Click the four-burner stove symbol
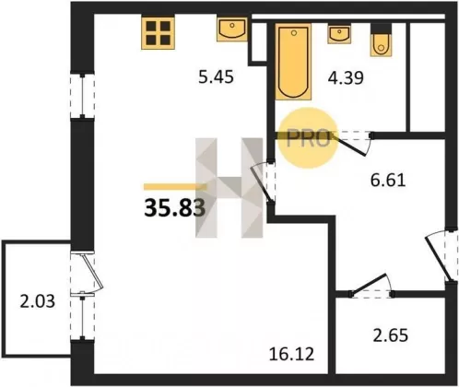click(x=159, y=33)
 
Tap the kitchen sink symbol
click(x=232, y=29)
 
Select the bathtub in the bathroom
click(x=293, y=62)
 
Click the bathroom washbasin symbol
click(x=339, y=34)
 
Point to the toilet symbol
click(x=381, y=41)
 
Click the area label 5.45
click(x=216, y=76)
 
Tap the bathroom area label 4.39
click(x=346, y=77)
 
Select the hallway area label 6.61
click(x=388, y=181)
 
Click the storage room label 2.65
click(x=391, y=335)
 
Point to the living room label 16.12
click(x=291, y=354)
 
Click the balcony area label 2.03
click(x=38, y=301)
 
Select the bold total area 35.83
click(x=174, y=207)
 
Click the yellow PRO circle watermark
click(x=308, y=138)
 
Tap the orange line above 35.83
click(x=175, y=186)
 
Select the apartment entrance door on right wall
click(x=439, y=259)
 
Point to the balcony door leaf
click(x=93, y=271)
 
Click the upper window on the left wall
click(x=82, y=96)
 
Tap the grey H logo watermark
click(x=229, y=188)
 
